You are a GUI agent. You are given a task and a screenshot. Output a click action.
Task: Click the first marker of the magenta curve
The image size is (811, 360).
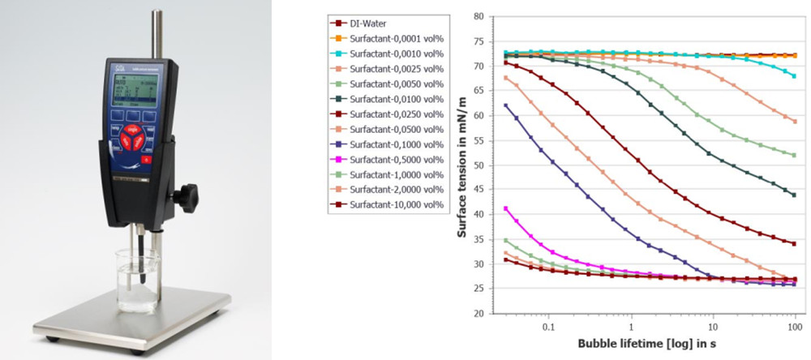(x=506, y=208)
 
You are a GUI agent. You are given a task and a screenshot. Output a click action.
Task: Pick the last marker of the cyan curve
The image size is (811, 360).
(x=794, y=75)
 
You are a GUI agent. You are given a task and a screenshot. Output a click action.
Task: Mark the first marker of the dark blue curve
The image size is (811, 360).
(x=506, y=105)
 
